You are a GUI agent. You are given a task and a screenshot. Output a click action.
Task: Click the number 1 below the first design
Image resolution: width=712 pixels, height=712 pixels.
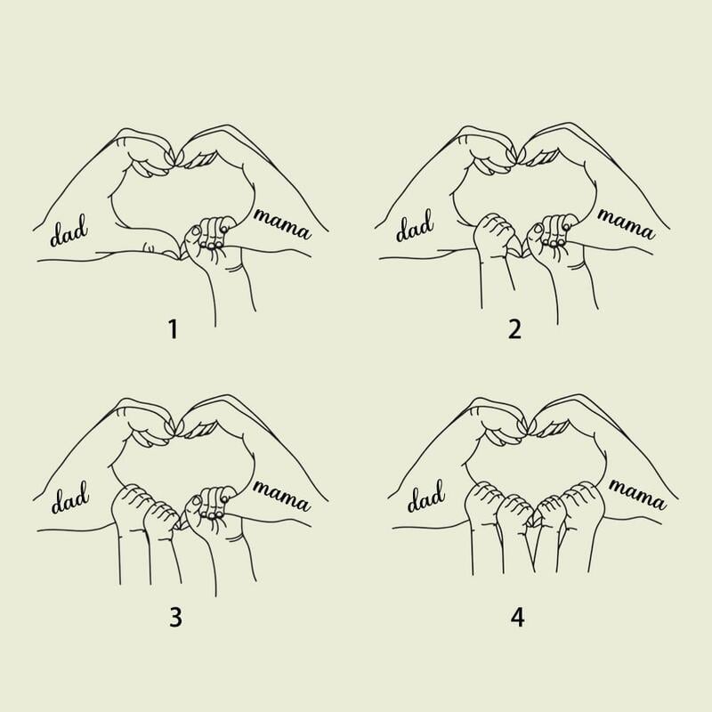click(x=173, y=329)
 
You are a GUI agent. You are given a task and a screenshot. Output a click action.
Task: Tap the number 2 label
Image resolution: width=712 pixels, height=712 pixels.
click(x=514, y=329)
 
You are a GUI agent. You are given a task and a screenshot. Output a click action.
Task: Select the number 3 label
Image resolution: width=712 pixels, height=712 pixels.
click(x=175, y=617)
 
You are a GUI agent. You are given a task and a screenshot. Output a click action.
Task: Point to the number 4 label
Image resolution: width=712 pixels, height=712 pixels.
click(x=518, y=617)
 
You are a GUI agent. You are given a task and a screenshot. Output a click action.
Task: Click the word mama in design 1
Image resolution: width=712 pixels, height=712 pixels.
click(x=282, y=223)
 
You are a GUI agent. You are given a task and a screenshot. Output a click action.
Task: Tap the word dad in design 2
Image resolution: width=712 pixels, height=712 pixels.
click(x=414, y=226)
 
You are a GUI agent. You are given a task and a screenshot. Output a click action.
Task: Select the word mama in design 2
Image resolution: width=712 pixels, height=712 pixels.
click(x=626, y=223)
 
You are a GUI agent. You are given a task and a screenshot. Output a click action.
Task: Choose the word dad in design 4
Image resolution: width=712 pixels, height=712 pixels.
click(x=425, y=497)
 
